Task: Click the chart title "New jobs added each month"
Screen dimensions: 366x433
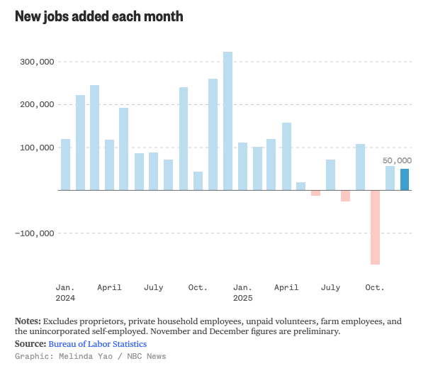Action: pyautogui.click(x=99, y=16)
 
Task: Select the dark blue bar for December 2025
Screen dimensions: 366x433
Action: pyautogui.click(x=405, y=179)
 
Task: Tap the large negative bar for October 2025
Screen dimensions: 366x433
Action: pyautogui.click(x=375, y=227)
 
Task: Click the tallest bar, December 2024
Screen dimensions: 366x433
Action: pyautogui.click(x=227, y=121)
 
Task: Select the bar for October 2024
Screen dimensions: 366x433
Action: pyautogui.click(x=198, y=181)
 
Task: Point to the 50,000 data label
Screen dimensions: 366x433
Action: pyautogui.click(x=397, y=160)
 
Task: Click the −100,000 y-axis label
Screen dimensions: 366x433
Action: pyautogui.click(x=33, y=233)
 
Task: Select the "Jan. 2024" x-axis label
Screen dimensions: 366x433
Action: pyautogui.click(x=65, y=292)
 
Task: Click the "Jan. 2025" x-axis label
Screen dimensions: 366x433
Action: pyautogui.click(x=242, y=292)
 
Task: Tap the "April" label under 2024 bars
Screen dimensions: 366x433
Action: pyautogui.click(x=109, y=287)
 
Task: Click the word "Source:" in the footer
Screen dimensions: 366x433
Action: pyautogui.click(x=30, y=344)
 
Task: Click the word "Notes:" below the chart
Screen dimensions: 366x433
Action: pyautogui.click(x=28, y=321)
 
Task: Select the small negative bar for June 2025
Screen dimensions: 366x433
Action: pyautogui.click(x=315, y=193)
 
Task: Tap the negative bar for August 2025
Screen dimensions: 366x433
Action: pyautogui.click(x=345, y=196)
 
